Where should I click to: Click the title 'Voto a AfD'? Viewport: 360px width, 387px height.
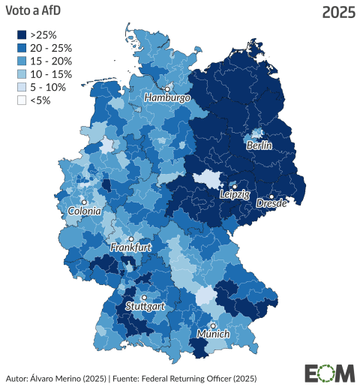point(34,12)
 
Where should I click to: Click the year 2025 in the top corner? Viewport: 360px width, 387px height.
point(337,12)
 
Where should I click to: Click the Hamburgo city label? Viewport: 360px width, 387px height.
point(168,98)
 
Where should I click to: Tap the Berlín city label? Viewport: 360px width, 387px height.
point(259,145)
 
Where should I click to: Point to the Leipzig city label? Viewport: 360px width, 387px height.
point(234,194)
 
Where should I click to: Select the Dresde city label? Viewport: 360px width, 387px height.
point(271,203)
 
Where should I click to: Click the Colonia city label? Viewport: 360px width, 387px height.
point(84,211)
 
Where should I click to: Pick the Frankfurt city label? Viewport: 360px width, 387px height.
point(131,247)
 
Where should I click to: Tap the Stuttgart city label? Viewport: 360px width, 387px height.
point(145,307)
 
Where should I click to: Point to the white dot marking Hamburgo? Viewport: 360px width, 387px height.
point(168,88)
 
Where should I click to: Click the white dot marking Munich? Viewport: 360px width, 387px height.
point(213,325)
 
